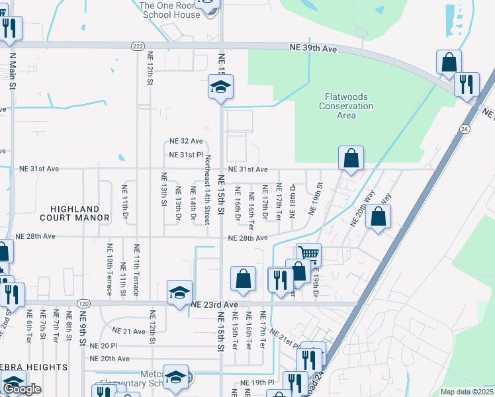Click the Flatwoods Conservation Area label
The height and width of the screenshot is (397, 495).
(346, 106)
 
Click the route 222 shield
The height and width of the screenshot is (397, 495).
(138, 46)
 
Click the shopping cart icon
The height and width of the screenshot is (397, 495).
(308, 253)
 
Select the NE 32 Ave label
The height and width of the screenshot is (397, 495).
(186, 141)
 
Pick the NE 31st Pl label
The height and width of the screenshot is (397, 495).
(185, 155)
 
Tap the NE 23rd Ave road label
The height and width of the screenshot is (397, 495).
(214, 304)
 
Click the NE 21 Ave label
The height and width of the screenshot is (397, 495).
(129, 330)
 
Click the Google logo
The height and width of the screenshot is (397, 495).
(22, 390)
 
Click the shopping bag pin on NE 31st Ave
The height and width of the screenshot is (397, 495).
(351, 158)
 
